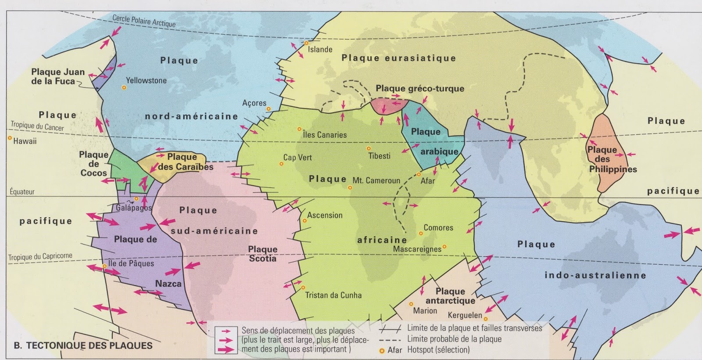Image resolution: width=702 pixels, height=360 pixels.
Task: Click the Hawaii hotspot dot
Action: click(x=10, y=138)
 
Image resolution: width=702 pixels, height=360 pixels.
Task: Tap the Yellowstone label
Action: click(x=146, y=80)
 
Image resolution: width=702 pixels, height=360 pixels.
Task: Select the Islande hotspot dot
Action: click(x=306, y=43)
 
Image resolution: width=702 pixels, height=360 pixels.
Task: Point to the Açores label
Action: click(x=254, y=103)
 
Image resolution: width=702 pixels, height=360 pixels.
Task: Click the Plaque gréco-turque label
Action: click(x=419, y=88)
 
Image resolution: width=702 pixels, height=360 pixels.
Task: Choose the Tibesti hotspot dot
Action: click(x=369, y=149)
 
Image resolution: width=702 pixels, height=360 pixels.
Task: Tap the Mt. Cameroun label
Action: click(x=376, y=180)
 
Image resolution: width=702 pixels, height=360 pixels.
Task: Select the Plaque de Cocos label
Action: click(x=93, y=164)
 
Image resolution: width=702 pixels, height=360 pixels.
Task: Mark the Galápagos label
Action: click(x=133, y=208)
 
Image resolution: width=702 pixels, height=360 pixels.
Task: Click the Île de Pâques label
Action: click(x=131, y=263)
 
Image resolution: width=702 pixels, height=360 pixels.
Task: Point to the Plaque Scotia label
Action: click(x=263, y=254)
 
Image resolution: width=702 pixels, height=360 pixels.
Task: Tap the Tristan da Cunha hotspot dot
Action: click(x=303, y=288)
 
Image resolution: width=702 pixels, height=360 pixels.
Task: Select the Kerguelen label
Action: click(x=465, y=315)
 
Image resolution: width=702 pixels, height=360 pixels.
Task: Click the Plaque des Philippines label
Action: click(x=612, y=159)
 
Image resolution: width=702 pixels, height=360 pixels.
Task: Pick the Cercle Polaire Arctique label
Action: click(x=144, y=20)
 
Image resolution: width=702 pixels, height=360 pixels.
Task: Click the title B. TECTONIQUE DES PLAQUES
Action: click(x=83, y=346)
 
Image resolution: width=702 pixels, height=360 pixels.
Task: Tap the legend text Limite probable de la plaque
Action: click(x=454, y=339)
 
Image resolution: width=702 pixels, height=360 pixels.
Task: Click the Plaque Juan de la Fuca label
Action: click(x=57, y=76)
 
